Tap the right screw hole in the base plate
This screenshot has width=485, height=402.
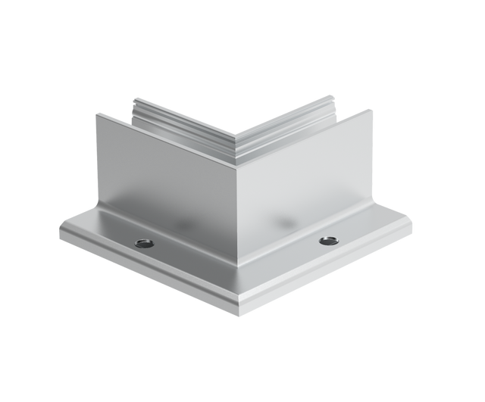coord(328,241)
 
